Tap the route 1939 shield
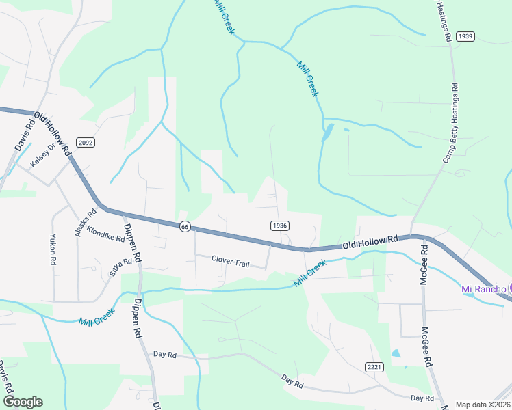(465, 36)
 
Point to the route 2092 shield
(85, 142)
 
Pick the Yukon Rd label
(52, 249)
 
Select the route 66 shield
(185, 226)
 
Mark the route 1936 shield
(279, 225)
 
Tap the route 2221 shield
(374, 367)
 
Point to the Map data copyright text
(483, 405)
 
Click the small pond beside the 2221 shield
(396, 354)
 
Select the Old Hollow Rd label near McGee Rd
(370, 242)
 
